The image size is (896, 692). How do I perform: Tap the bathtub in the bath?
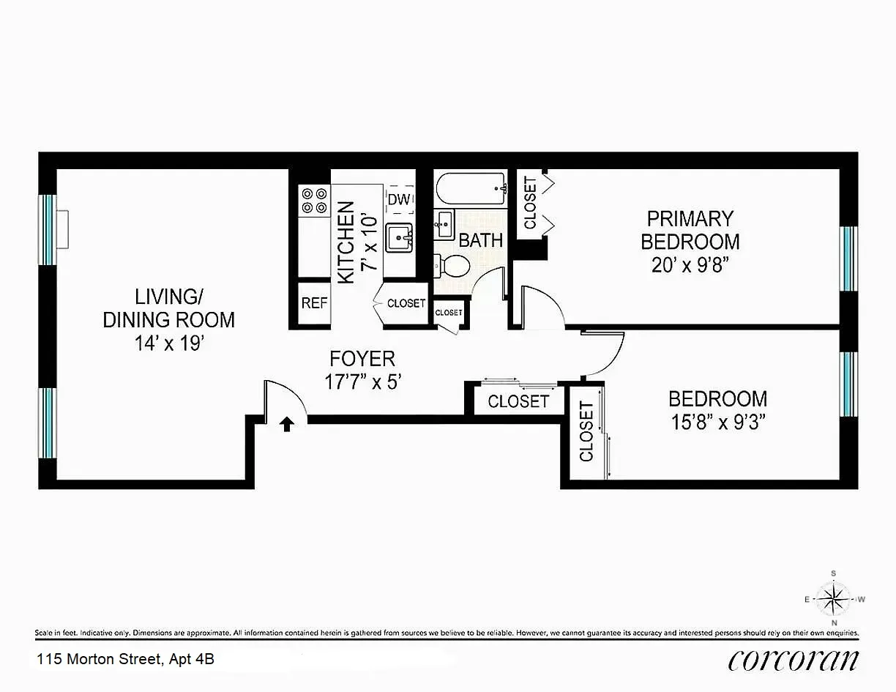coord(471,190)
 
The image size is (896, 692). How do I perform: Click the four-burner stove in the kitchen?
coord(314,201)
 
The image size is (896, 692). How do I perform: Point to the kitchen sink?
coord(400,236)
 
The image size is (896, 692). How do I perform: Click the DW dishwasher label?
coord(398,199)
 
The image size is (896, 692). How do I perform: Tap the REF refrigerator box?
coord(314,302)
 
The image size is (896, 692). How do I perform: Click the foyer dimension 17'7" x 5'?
coord(363,382)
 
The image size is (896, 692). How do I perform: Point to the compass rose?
coord(833,599)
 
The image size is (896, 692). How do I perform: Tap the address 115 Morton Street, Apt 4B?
coord(126,659)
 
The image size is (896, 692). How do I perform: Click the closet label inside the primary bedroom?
coord(530,203)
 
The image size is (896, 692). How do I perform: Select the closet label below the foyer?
coord(518,401)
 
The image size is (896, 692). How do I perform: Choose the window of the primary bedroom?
coord(848,258)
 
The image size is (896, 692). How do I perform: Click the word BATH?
coord(481,239)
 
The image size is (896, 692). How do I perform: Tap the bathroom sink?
coord(444,225)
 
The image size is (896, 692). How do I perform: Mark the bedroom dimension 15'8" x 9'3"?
coord(717,423)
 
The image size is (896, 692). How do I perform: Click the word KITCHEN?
coord(346,242)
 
